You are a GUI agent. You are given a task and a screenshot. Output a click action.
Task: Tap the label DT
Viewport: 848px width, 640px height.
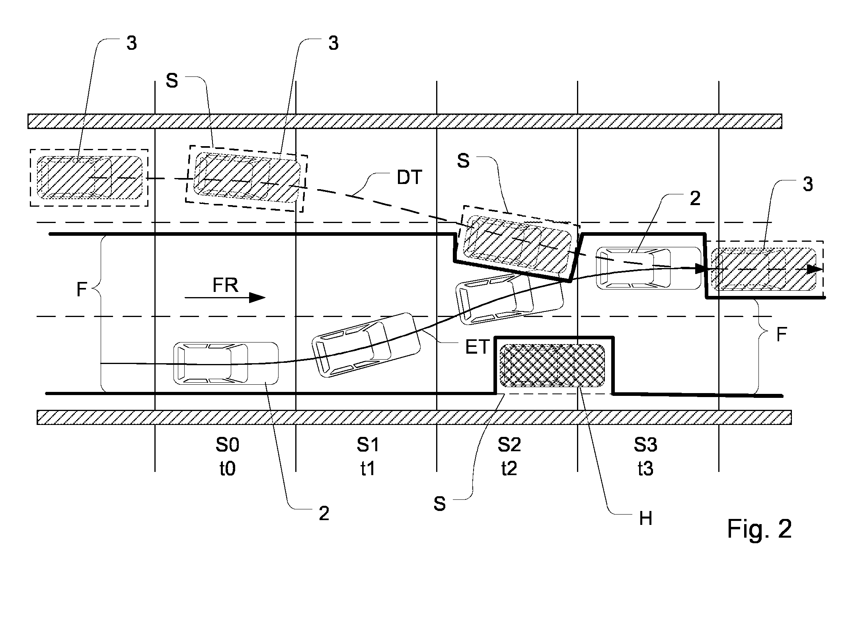(x=409, y=177)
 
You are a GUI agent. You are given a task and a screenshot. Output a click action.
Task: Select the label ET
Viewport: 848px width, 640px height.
(x=477, y=347)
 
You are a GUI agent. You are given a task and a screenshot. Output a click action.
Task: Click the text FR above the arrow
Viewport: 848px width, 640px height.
(x=225, y=285)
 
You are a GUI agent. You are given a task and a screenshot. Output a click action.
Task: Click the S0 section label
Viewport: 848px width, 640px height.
(x=227, y=445)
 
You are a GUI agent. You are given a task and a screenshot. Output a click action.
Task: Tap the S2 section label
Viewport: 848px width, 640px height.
(x=509, y=445)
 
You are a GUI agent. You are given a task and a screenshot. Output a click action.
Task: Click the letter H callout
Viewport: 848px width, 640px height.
(x=645, y=519)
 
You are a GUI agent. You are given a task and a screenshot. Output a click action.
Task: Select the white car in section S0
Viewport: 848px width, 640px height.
(x=226, y=363)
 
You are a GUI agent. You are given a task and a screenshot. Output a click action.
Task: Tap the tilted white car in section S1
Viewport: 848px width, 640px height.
(x=366, y=345)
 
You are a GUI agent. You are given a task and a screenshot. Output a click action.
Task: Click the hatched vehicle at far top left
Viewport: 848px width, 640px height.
(x=89, y=178)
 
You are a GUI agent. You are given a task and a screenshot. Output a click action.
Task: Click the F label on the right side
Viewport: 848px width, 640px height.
(x=782, y=335)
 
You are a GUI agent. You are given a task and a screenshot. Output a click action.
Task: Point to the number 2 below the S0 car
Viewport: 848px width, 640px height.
(x=324, y=514)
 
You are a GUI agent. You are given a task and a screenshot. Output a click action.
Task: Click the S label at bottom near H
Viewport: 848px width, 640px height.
(x=440, y=504)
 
